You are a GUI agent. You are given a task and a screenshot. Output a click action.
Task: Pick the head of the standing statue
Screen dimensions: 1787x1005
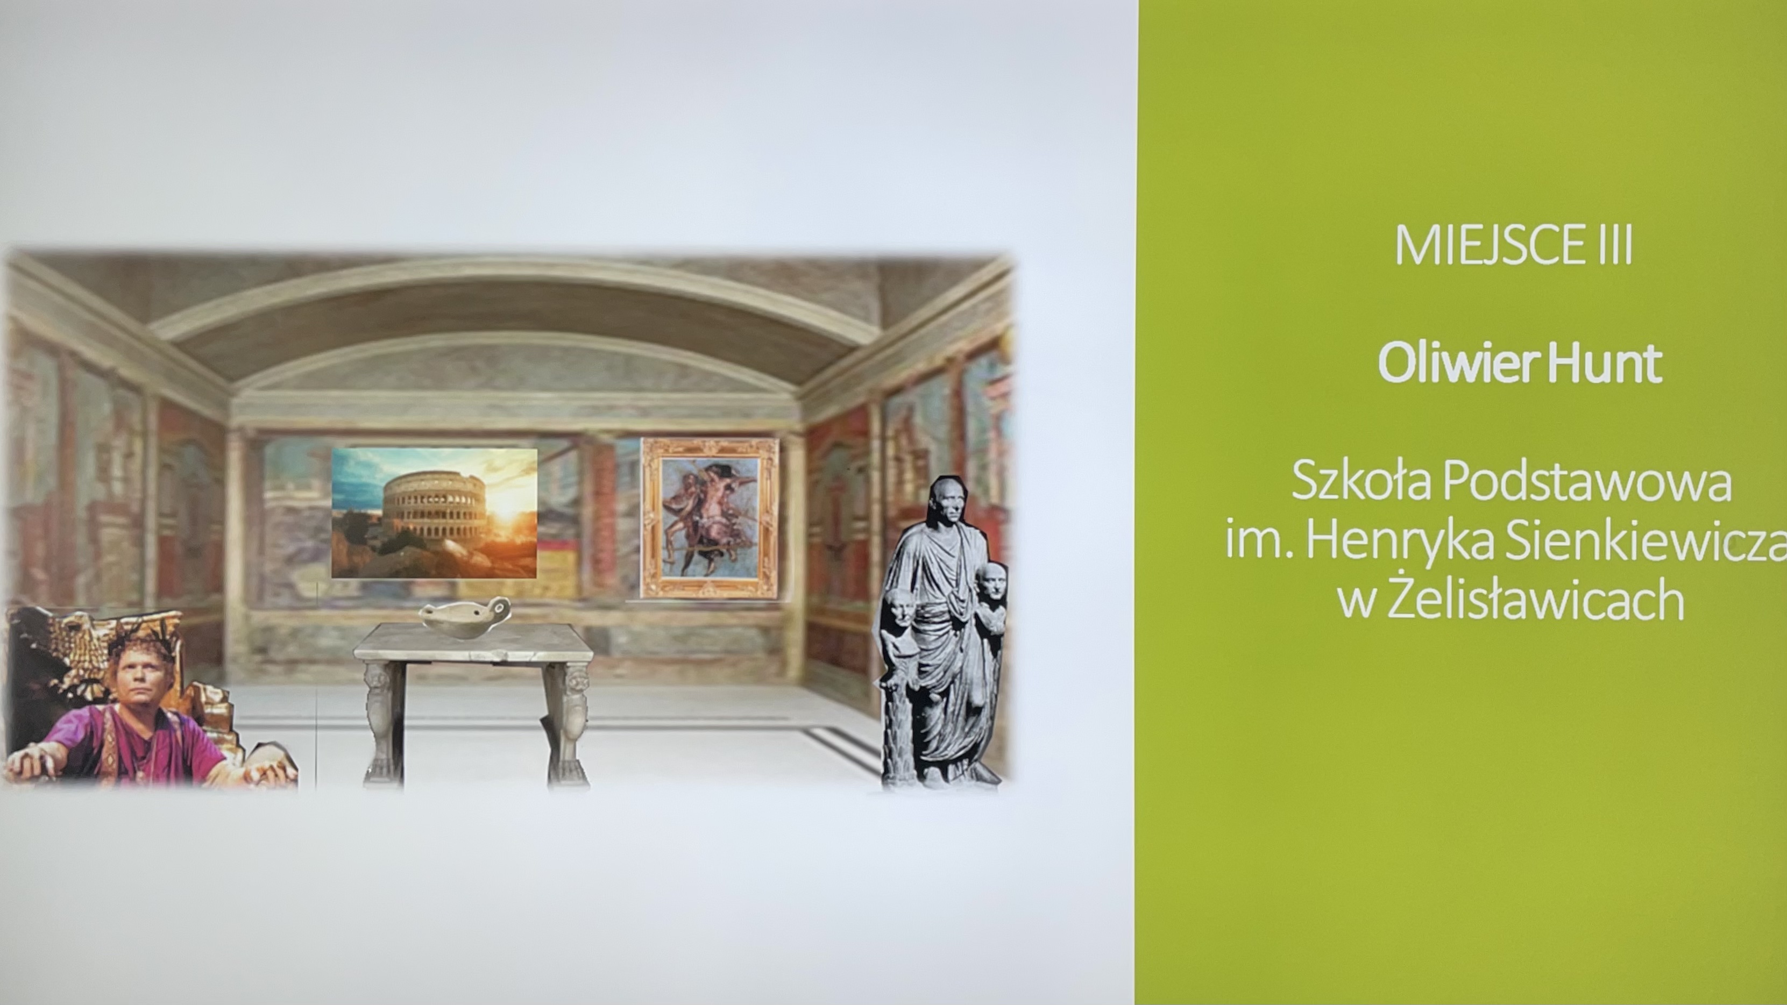[x=948, y=501]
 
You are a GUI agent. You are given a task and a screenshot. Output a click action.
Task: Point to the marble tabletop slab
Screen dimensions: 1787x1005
[x=474, y=642]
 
